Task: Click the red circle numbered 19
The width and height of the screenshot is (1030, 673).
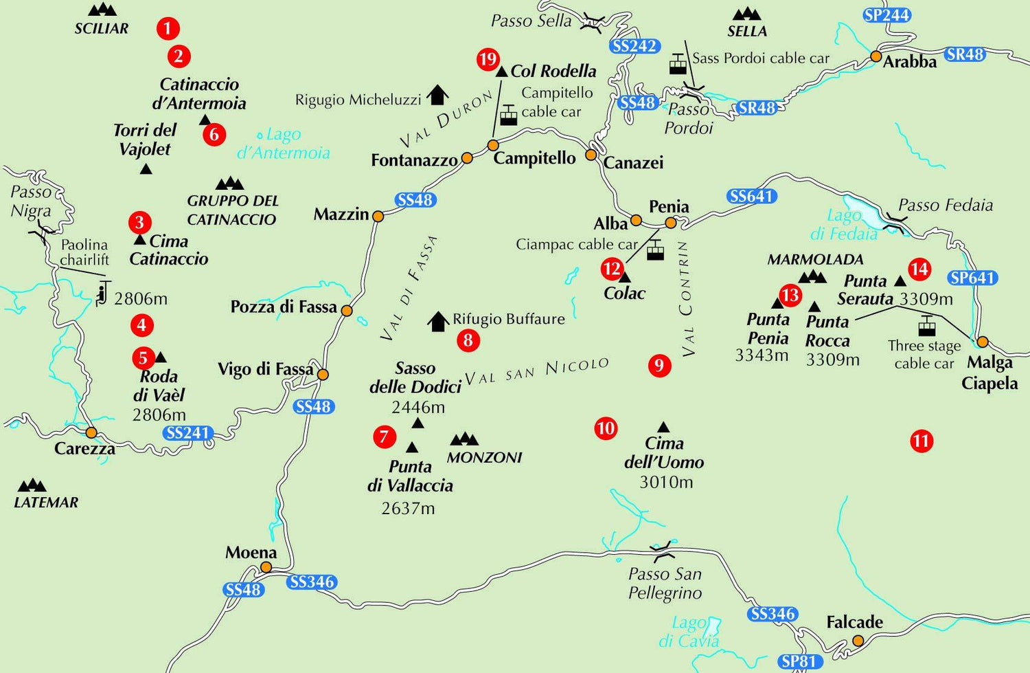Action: coord(488,60)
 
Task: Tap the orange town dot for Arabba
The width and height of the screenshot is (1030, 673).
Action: coord(876,56)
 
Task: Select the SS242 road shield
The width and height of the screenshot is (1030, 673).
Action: coord(635,46)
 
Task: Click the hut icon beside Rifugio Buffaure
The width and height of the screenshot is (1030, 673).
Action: coord(438,320)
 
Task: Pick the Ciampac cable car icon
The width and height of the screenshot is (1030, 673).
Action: coord(655,250)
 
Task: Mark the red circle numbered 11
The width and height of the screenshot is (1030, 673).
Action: coord(921,441)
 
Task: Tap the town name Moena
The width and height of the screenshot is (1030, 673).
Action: coord(251,553)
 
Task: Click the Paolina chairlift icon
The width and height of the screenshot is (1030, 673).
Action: coord(103,293)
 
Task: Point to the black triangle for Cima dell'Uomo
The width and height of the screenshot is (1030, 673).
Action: coord(663,427)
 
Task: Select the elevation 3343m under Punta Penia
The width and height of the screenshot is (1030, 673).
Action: coord(762,355)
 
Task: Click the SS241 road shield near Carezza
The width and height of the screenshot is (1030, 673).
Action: coord(188,433)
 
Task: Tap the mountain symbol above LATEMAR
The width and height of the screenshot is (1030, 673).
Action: coord(32,485)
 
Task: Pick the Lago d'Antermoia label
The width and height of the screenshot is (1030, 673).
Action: coord(283,144)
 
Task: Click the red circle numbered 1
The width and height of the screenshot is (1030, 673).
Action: coord(168,28)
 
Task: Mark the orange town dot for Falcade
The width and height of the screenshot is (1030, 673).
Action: coord(858,641)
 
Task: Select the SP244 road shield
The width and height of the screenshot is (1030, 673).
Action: coord(887,15)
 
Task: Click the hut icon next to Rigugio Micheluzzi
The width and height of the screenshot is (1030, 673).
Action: coord(437,95)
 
